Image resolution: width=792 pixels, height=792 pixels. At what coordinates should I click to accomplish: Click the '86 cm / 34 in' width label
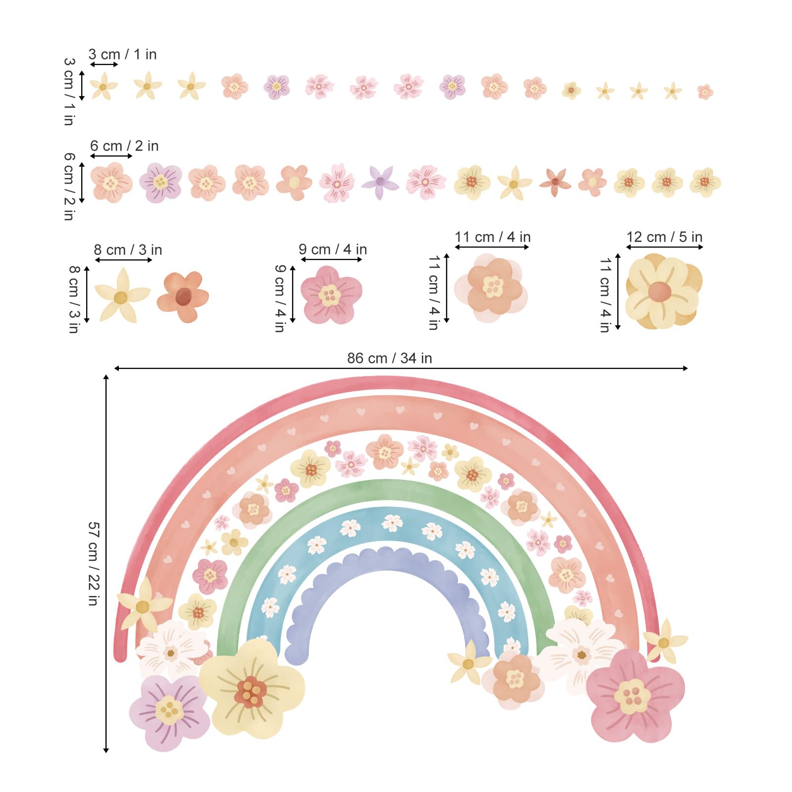[x=390, y=358]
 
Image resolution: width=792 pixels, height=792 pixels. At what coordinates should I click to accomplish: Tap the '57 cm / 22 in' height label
[x=94, y=563]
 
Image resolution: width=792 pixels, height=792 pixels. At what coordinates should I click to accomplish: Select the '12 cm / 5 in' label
[x=664, y=237]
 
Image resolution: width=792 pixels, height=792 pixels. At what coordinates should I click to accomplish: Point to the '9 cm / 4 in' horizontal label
[x=333, y=249]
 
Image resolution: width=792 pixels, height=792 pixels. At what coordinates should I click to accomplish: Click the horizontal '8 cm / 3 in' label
[x=128, y=250]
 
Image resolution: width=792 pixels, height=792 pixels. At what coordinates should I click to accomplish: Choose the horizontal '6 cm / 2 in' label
[x=124, y=146]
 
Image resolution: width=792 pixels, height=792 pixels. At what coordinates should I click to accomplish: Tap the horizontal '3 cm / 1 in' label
[x=122, y=54]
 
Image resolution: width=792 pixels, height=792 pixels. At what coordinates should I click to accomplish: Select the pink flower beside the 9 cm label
[x=331, y=295]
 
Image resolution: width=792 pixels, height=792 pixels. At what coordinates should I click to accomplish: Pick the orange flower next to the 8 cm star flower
[x=183, y=296]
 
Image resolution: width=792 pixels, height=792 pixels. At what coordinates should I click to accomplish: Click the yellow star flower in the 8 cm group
[x=121, y=296]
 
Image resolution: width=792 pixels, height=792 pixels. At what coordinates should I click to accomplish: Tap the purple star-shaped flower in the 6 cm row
[x=380, y=182]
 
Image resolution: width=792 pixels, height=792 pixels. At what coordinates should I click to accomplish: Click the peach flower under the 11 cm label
[x=492, y=287]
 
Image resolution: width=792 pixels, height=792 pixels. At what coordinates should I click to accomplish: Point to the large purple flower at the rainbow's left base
[x=169, y=711]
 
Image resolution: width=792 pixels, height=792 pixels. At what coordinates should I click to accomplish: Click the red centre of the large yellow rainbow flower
[x=251, y=692]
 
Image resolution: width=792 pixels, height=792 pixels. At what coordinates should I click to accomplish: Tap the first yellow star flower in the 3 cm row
[x=103, y=87]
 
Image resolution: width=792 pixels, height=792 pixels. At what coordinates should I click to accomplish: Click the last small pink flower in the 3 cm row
[x=705, y=92]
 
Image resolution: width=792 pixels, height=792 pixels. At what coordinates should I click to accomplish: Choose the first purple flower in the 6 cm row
[x=160, y=182]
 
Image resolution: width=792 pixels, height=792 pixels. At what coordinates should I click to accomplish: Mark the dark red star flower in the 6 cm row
[x=555, y=182]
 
